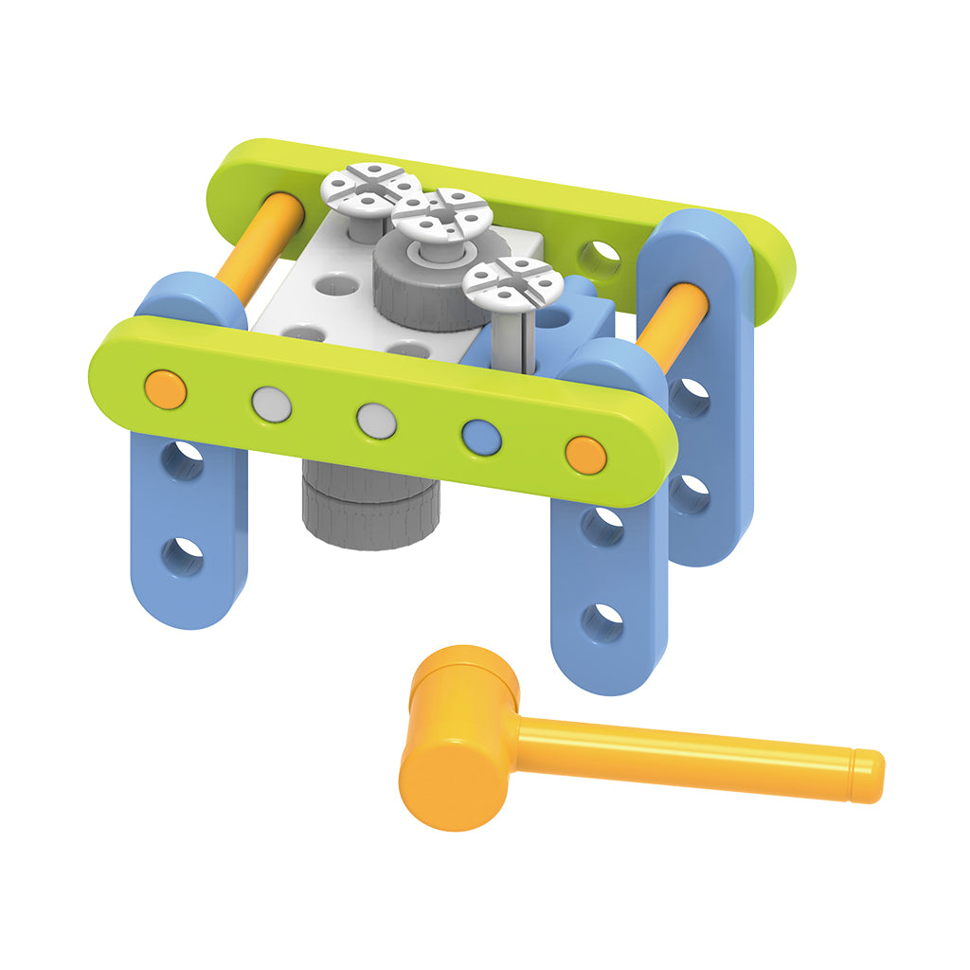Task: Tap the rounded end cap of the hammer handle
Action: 867,775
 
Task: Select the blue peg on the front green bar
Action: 481,436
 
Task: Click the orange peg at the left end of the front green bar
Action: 166,389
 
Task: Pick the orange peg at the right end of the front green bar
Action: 585,455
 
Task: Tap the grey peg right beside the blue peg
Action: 376,420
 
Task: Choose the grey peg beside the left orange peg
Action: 271,404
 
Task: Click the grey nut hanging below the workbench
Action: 370,512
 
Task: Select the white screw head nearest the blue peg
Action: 513,281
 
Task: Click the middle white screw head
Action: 440,217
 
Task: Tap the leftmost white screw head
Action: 370,188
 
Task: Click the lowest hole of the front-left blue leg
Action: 182,556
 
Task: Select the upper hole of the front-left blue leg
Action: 182,460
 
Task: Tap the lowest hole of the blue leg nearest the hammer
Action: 602,622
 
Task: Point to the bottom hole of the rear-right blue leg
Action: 690,493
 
